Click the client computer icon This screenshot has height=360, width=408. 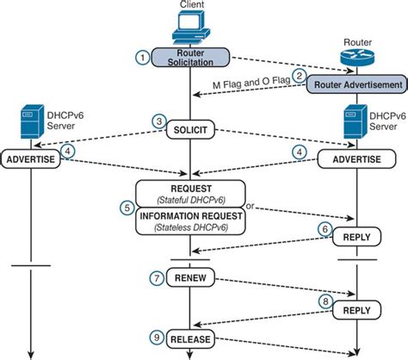pyautogui.click(x=190, y=30)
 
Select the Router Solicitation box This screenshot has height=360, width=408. pyautogui.click(x=190, y=57)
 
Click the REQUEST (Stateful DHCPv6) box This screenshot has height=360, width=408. pyautogui.click(x=190, y=191)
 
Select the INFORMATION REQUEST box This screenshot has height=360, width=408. pyautogui.click(x=190, y=222)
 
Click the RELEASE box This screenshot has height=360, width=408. pyautogui.click(x=190, y=338)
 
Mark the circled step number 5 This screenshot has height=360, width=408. pyautogui.click(x=127, y=207)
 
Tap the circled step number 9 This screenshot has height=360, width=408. pyautogui.click(x=157, y=338)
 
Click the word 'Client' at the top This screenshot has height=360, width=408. pyautogui.click(x=192, y=6)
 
